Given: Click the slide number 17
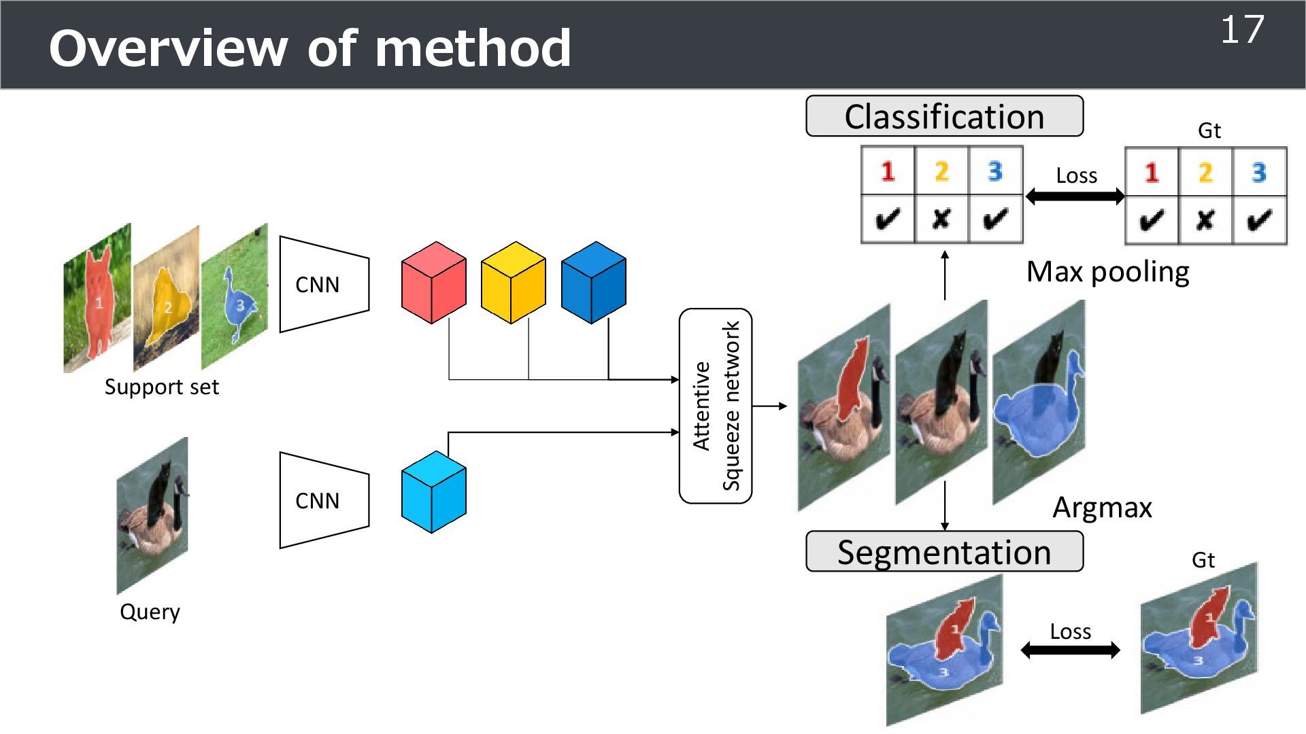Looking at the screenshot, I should tap(1242, 30).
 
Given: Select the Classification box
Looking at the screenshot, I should tap(944, 116).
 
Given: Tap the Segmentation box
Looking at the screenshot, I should tap(944, 552).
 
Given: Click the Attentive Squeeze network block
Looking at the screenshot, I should tap(716, 406).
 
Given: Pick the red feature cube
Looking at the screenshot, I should tap(434, 283).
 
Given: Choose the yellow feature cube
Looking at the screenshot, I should tap(513, 283).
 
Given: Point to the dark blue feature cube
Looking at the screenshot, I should tap(593, 283).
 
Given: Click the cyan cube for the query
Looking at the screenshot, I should tap(434, 492).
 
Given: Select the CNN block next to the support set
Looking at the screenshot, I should tap(324, 284).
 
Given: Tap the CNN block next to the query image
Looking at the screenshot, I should tap(324, 500).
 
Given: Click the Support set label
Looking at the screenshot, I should tap(161, 387).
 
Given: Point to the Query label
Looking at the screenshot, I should tap(150, 612).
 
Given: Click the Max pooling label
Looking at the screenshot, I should tap(1107, 272).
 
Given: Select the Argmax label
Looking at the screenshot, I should tap(1102, 508).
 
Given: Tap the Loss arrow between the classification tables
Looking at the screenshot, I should tap(1075, 196).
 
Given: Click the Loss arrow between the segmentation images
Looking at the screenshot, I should tap(1070, 650).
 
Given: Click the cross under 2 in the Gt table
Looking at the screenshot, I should tap(1205, 220).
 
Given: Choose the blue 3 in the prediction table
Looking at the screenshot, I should tap(995, 171).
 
